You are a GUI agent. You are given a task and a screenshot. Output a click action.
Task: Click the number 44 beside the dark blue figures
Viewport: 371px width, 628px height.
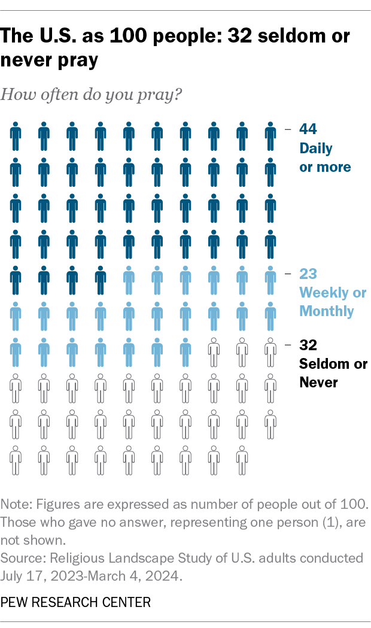[308, 129]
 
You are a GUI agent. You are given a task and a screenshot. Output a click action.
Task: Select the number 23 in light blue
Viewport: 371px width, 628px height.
[308, 274]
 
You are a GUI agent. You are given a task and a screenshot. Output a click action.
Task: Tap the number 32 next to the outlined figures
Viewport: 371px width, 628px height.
[308, 345]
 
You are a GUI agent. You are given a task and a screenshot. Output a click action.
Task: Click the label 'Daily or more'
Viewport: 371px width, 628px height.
[325, 157]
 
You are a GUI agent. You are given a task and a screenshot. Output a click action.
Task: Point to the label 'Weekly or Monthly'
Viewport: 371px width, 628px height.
[332, 302]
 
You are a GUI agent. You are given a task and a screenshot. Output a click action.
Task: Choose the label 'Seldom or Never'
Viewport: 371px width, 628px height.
[333, 373]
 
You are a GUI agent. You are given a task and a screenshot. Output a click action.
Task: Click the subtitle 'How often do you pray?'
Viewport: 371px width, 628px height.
[92, 95]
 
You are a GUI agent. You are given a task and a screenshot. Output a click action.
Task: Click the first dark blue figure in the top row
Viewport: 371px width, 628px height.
[16, 137]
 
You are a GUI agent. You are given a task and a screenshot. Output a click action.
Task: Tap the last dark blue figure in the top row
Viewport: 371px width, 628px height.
[270, 137]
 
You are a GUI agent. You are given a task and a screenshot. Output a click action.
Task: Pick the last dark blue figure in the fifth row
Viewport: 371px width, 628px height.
[101, 280]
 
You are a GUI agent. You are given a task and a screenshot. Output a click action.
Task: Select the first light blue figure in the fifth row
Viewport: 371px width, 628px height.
[129, 280]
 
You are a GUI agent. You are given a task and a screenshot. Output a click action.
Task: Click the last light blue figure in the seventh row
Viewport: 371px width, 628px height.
[185, 353]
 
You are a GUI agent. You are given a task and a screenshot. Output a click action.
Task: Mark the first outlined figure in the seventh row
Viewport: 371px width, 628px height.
[214, 353]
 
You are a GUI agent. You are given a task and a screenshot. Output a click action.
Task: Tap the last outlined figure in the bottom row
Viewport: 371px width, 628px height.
[242, 460]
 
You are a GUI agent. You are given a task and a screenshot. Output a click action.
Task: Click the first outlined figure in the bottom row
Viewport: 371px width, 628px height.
[16, 460]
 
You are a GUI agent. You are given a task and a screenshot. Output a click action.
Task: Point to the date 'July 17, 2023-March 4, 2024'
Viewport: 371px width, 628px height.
[90, 574]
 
